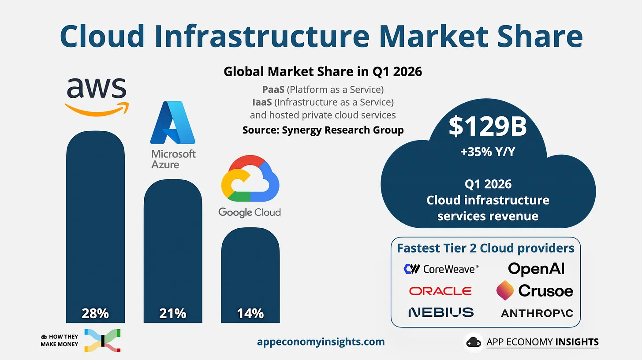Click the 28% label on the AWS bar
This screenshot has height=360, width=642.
95,313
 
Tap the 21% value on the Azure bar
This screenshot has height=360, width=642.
172,313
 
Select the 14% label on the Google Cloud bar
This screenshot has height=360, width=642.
250,313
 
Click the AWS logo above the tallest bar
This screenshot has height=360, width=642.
97,97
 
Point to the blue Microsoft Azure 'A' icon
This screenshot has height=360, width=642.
173,122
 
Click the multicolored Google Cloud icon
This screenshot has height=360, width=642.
250,178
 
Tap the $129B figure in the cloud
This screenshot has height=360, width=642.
488,126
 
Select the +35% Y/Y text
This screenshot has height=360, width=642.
488,152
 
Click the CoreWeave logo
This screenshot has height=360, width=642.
441,269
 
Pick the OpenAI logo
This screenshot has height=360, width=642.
536,269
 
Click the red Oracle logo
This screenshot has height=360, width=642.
440,291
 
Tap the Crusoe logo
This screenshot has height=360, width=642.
535,291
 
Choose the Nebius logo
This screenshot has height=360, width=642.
441,312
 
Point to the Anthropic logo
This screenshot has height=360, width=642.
537,313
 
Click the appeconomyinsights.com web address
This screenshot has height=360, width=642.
321,341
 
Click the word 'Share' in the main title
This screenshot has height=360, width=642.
540,36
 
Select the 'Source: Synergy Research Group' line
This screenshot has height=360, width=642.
323,130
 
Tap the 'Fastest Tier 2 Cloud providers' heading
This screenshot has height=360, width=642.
485,248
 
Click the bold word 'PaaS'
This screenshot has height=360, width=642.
273,89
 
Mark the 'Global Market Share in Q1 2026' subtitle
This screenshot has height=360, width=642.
323,71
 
